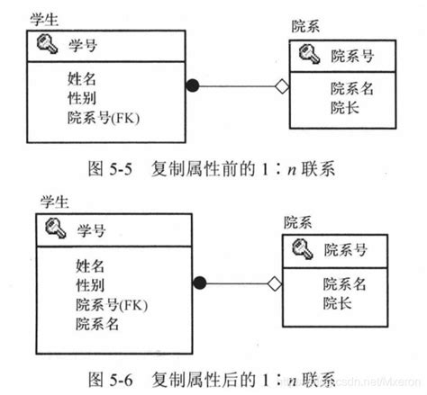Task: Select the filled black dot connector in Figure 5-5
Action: point(191,86)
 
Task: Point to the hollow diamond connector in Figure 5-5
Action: point(280,86)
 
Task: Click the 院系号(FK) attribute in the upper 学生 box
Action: point(104,117)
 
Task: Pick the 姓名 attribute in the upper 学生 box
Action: point(81,77)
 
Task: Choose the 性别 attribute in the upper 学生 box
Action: point(81,97)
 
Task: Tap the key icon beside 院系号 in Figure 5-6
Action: point(302,249)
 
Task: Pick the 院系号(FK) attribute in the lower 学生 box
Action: point(112,304)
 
